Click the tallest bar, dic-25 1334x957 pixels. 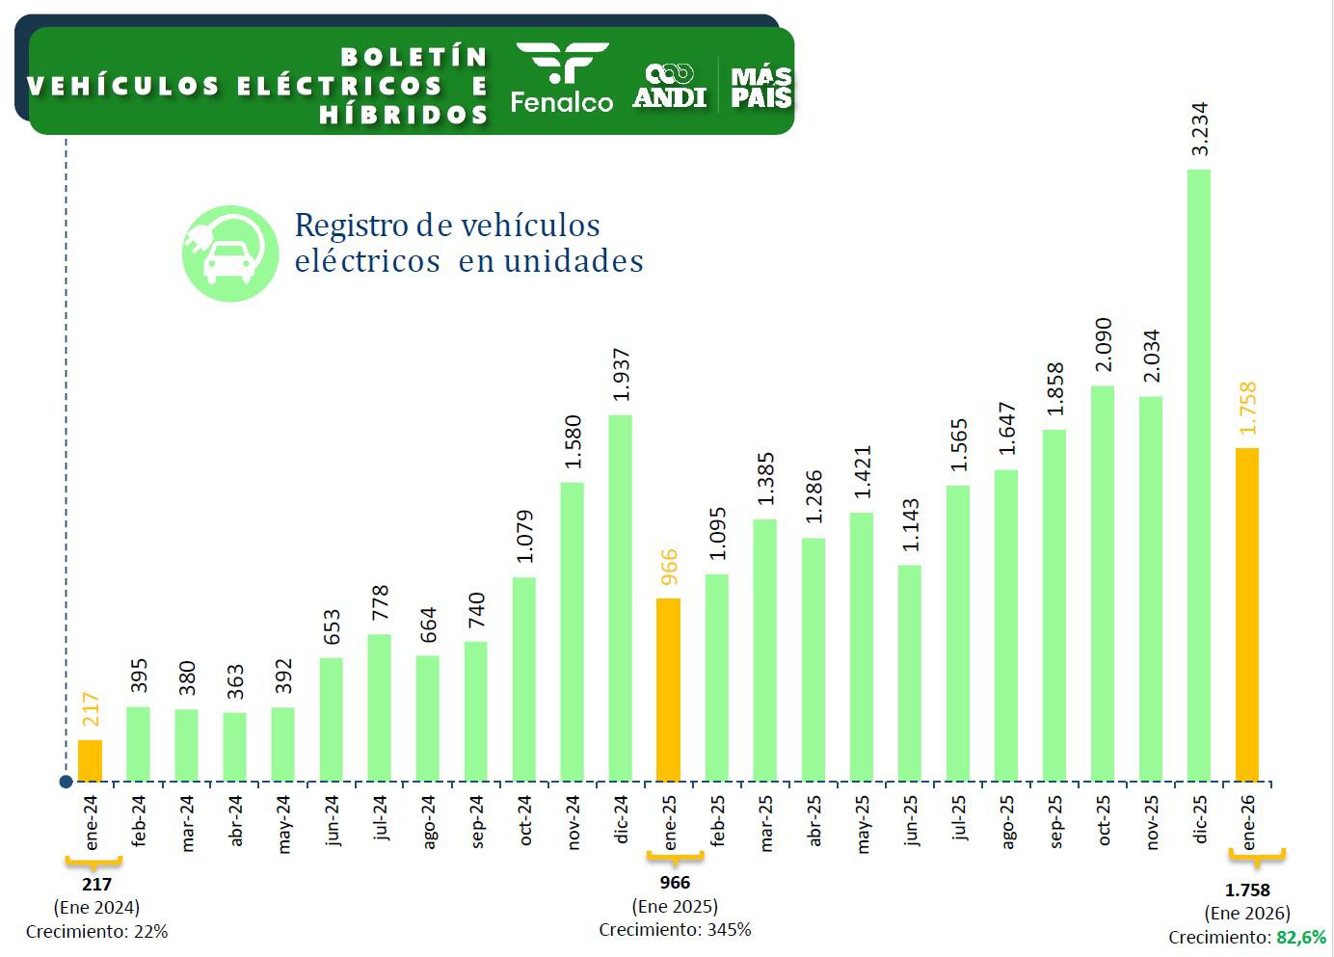click(1198, 474)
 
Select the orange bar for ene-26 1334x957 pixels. click(1246, 614)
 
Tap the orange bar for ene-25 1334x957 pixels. click(668, 689)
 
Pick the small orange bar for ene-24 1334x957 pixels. click(90, 760)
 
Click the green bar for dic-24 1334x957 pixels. click(620, 598)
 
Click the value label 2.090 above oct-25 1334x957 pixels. click(1104, 344)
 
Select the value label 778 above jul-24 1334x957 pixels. click(380, 604)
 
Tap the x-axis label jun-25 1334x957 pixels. click(911, 820)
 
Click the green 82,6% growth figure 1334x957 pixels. click(1301, 937)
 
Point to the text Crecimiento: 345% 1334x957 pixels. click(675, 929)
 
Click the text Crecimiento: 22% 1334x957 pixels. click(96, 931)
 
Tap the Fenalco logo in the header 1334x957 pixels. click(561, 78)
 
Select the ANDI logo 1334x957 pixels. click(670, 86)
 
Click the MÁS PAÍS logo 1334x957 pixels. click(761, 87)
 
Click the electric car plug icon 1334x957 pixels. click(230, 253)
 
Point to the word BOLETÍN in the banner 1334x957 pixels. click(414, 57)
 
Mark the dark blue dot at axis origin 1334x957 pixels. click(66, 782)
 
